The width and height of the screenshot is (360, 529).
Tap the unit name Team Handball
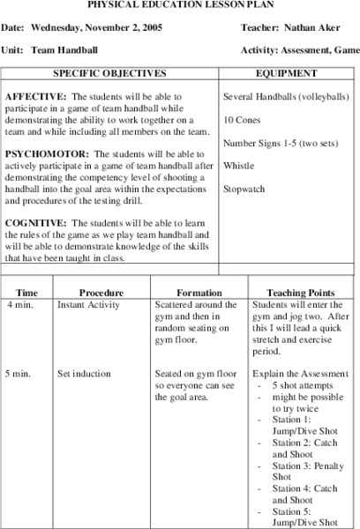(66, 50)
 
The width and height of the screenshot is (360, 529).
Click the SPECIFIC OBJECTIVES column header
(109, 73)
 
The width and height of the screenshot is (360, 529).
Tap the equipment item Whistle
(238, 165)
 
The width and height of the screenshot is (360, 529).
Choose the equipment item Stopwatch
(244, 188)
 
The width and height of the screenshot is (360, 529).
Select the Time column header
(27, 292)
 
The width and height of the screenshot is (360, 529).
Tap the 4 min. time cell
(19, 304)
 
